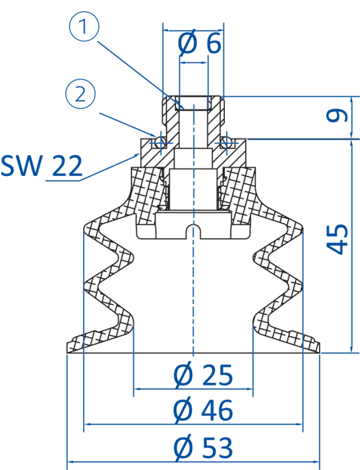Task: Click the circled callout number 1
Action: (x=84, y=26)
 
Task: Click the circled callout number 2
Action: (x=81, y=93)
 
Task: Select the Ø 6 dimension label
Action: (x=199, y=43)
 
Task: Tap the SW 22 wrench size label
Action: (x=42, y=165)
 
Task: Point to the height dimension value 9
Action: (x=337, y=115)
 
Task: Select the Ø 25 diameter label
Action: (x=203, y=375)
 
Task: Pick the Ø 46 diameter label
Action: (x=203, y=410)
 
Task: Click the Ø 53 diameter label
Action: (x=203, y=447)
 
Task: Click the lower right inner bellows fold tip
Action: (x=255, y=321)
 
